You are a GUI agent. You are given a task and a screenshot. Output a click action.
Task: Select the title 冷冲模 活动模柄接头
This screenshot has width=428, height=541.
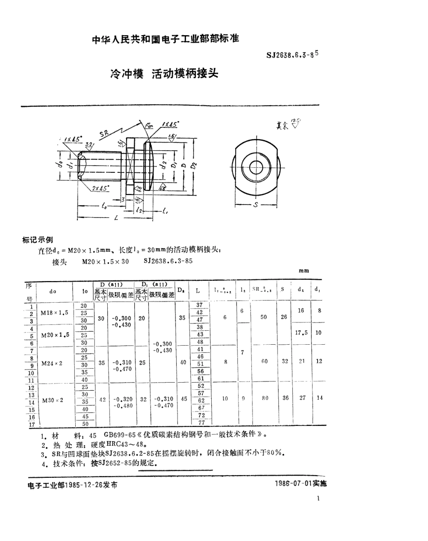coord(164,74)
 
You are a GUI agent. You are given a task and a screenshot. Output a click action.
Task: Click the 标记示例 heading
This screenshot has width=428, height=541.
coord(37,240)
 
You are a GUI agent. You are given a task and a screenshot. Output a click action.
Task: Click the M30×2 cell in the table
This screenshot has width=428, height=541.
coord(53,400)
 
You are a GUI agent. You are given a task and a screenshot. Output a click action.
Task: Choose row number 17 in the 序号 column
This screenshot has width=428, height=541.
coord(31,424)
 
